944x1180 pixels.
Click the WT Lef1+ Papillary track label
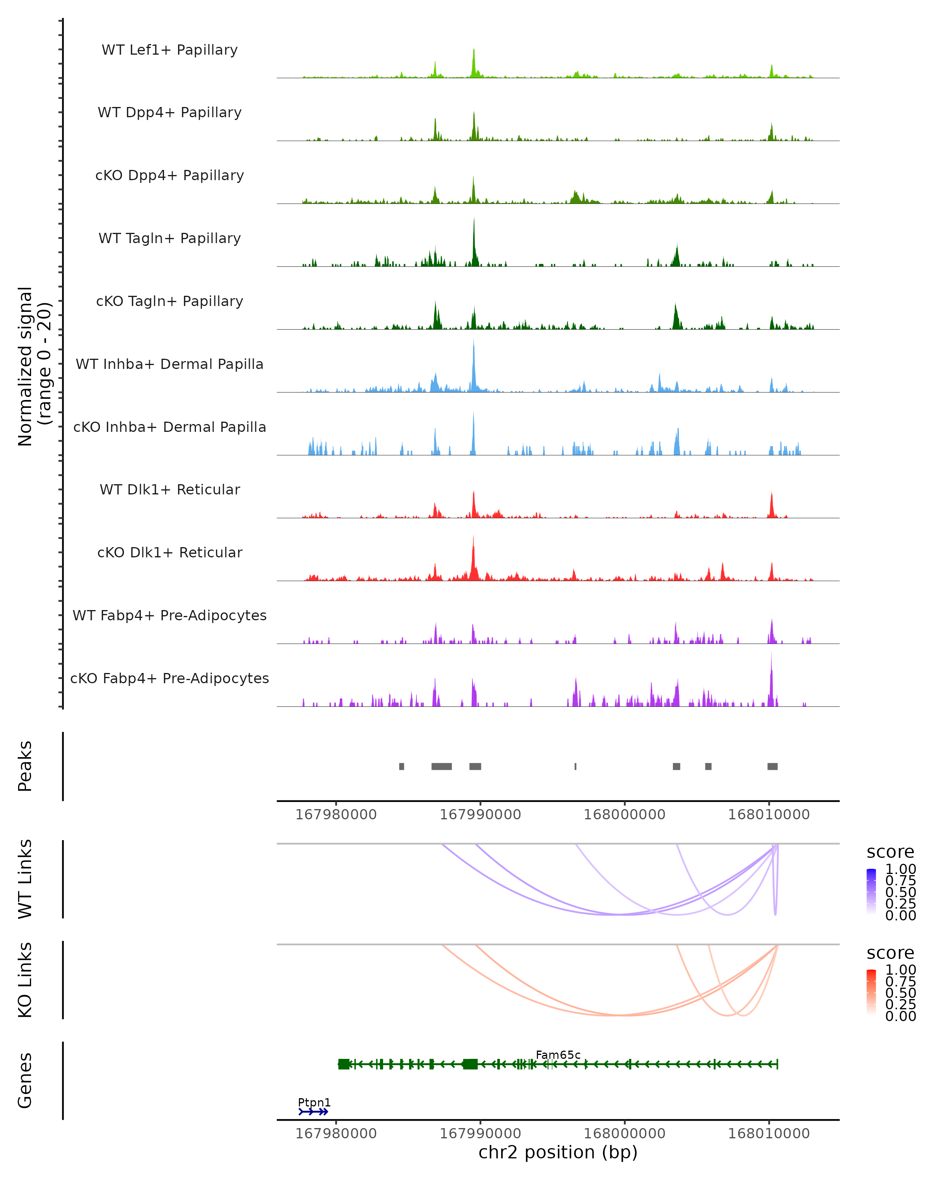(170, 50)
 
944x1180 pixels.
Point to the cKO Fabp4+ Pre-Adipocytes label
(170, 678)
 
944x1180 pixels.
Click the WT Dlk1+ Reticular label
(170, 489)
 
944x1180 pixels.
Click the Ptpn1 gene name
(314, 1102)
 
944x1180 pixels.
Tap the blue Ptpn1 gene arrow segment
(313, 1112)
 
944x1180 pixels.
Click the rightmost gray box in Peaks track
(772, 766)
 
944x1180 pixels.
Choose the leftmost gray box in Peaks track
(402, 766)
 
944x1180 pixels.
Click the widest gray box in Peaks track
(442, 766)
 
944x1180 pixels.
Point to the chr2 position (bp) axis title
(558, 1152)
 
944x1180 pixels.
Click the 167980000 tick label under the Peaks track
(336, 815)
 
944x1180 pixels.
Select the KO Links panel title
(25, 980)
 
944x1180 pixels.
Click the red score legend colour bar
(871, 992)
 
